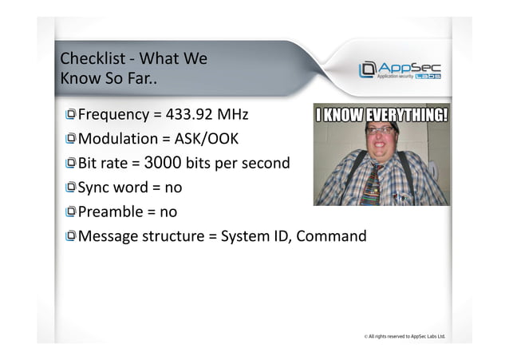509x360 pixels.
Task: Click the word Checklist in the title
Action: pyautogui.click(x=92, y=59)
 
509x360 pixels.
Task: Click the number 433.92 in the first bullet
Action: pyautogui.click(x=189, y=113)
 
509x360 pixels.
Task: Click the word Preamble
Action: pyautogui.click(x=110, y=212)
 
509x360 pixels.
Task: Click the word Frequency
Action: pyautogui.click(x=113, y=113)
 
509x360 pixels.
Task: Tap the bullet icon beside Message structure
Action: pyautogui.click(x=71, y=236)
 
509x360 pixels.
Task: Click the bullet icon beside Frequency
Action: pyautogui.click(x=71, y=113)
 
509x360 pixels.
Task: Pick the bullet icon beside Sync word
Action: pyautogui.click(x=71, y=188)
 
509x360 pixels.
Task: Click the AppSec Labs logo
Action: pyautogui.click(x=400, y=70)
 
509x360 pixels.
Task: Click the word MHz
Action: pyautogui.click(x=232, y=113)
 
